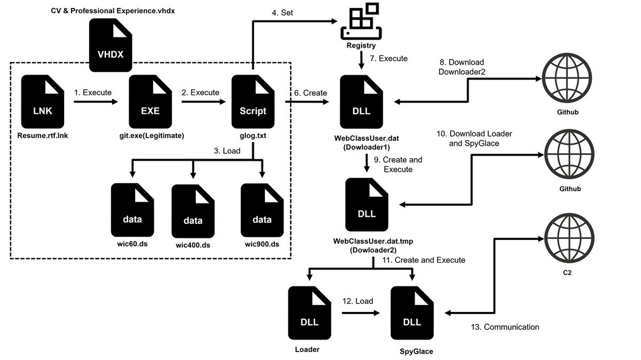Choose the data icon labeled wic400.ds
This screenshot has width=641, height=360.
point(193,212)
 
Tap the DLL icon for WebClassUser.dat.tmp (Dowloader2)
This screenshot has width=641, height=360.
point(366,205)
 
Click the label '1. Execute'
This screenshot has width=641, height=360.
point(93,92)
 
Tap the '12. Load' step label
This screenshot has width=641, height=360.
point(357,301)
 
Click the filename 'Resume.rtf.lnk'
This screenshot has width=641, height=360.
point(43,136)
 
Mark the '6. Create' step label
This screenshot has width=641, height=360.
point(310,92)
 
